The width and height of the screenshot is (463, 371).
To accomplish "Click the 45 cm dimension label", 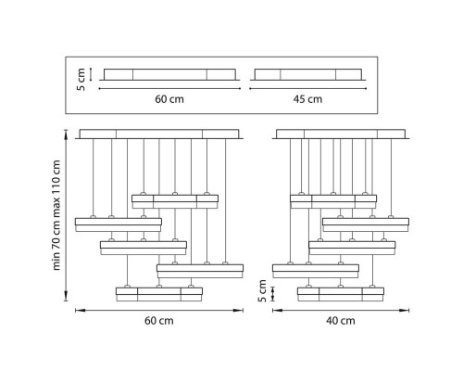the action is tap(307, 99).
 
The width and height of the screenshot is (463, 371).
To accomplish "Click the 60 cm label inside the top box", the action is tap(169, 99).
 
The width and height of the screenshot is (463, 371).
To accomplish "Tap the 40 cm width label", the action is tap(341, 321).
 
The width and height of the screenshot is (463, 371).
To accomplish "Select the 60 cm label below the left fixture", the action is tap(159, 321).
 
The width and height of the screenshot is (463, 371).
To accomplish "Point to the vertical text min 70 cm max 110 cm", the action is tap(56, 215).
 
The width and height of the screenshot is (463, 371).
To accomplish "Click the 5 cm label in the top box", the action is tap(81, 80).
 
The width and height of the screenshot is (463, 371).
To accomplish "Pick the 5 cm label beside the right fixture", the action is tap(262, 291).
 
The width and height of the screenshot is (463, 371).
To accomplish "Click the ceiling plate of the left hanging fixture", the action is tap(159, 134).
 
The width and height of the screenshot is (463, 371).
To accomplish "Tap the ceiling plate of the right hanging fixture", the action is tap(341, 134).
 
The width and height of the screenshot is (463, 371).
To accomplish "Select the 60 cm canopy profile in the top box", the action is tap(169, 75).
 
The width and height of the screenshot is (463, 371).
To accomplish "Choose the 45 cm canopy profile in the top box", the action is tap(308, 75).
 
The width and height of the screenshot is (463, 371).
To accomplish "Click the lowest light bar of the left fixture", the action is tap(159, 294).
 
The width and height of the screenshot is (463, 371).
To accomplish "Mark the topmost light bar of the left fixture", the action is tap(175, 201).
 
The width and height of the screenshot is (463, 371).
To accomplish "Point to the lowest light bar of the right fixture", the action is tap(341, 294).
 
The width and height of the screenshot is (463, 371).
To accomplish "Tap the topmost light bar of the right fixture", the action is tap(333, 201).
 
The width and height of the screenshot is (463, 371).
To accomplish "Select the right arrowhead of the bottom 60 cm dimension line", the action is tap(239, 310).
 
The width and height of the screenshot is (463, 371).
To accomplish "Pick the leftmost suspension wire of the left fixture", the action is tap(93, 177).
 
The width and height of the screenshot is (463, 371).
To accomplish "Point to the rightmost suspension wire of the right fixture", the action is tap(391, 177).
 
